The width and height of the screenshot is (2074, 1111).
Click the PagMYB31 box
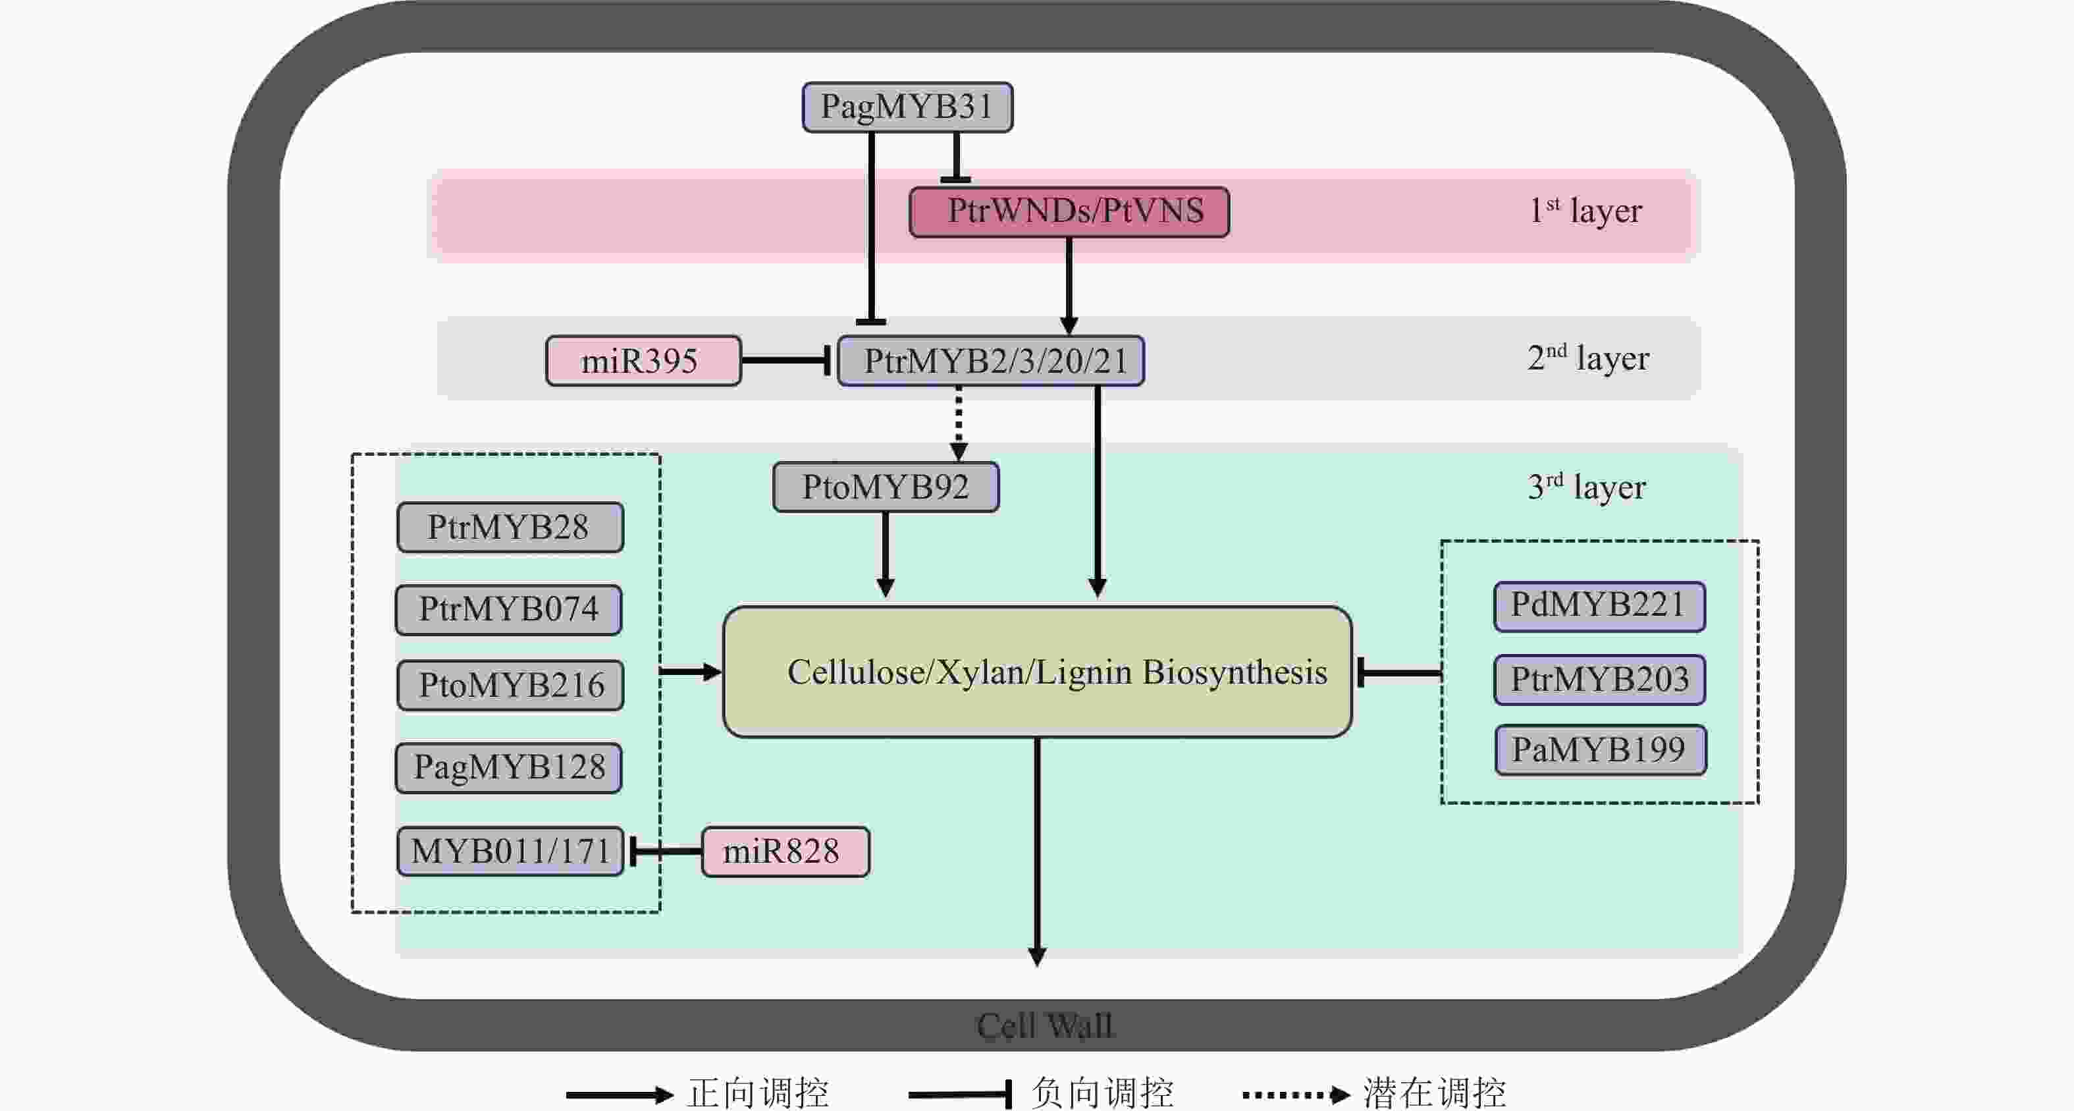(x=907, y=107)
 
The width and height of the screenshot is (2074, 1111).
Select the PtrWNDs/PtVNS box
(x=1069, y=212)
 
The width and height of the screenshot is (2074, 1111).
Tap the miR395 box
(x=643, y=361)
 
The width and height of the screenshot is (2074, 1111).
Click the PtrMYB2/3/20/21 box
(x=991, y=361)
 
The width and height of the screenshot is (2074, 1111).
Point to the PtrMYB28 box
(x=510, y=528)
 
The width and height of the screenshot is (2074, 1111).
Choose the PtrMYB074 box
(x=509, y=609)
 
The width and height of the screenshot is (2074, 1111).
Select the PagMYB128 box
(x=509, y=767)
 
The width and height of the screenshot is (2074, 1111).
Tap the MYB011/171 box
(x=510, y=851)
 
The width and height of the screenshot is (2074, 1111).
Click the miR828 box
(x=785, y=852)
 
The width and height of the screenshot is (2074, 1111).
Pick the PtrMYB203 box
(x=1600, y=680)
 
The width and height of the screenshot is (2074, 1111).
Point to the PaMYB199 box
(x=1601, y=750)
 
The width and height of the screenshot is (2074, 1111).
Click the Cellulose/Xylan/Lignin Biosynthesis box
(x=1037, y=672)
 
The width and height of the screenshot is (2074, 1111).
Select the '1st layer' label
(x=1585, y=211)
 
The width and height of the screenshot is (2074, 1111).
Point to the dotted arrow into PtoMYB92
(x=958, y=423)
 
